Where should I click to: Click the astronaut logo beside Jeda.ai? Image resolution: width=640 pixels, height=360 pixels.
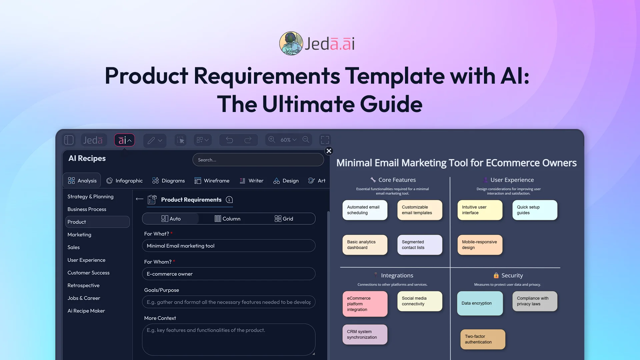pyautogui.click(x=291, y=43)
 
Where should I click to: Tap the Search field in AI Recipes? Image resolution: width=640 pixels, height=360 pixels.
pyautogui.click(x=258, y=160)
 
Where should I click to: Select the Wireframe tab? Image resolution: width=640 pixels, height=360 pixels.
pyautogui.click(x=212, y=181)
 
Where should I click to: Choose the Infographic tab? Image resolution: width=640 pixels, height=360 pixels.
pyautogui.click(x=124, y=181)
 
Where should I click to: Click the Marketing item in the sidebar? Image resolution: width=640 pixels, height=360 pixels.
pyautogui.click(x=79, y=235)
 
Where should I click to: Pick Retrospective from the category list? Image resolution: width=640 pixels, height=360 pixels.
pyautogui.click(x=83, y=285)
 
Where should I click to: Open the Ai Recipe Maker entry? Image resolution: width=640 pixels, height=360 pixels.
pyautogui.click(x=86, y=311)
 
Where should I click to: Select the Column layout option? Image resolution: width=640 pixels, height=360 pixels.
pyautogui.click(x=227, y=219)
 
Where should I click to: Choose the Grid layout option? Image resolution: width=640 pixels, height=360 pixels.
pyautogui.click(x=284, y=219)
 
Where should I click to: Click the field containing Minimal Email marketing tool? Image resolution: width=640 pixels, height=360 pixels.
pyautogui.click(x=229, y=246)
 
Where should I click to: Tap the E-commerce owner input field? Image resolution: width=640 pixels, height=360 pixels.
pyautogui.click(x=229, y=274)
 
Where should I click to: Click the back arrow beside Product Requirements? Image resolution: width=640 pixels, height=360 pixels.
pyautogui.click(x=140, y=199)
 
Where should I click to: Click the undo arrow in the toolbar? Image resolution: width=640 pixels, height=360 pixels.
pyautogui.click(x=229, y=140)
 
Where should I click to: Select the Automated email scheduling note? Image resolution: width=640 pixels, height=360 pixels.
pyautogui.click(x=365, y=210)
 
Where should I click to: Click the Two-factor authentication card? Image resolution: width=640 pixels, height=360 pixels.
pyautogui.click(x=483, y=339)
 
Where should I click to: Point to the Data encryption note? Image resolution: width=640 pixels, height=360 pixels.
pyautogui.click(x=480, y=303)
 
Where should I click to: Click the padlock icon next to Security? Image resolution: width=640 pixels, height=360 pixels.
pyautogui.click(x=496, y=275)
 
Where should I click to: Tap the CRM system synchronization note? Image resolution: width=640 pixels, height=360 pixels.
pyautogui.click(x=365, y=334)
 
